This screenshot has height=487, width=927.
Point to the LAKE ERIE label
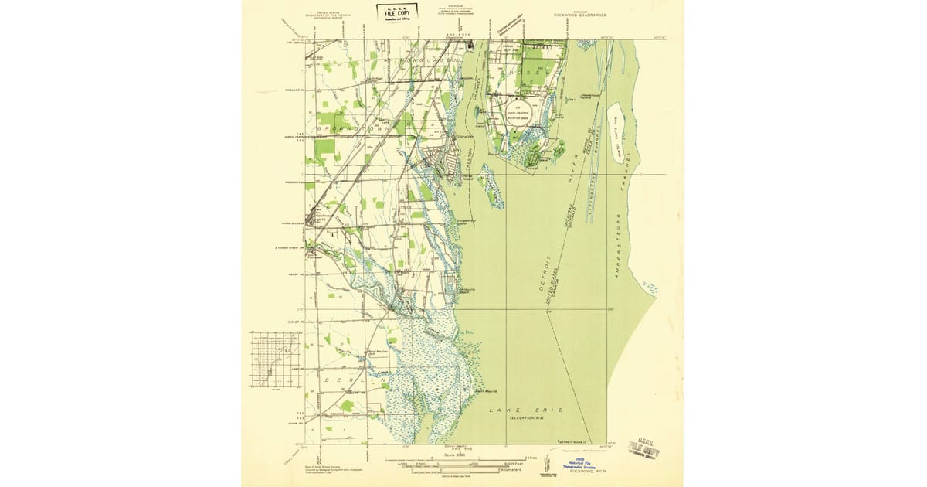527,409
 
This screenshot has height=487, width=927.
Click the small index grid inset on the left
275,360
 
